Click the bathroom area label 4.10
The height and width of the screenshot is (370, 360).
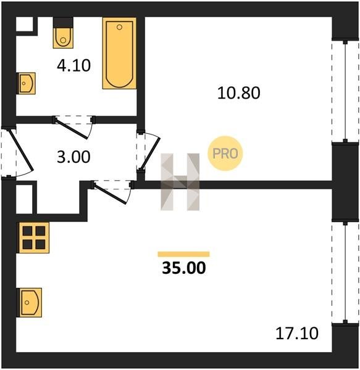tap(73, 65)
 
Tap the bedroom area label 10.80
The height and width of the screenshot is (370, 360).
tap(238, 92)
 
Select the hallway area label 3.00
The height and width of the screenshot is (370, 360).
tap(73, 157)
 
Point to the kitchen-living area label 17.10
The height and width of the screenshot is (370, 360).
tap(297, 333)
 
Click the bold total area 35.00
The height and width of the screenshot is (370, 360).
tap(184, 268)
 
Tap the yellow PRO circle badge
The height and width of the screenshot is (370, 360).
tap(225, 154)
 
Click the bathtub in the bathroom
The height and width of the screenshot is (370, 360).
tap(119, 53)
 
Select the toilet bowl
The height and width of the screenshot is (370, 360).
tap(63, 38)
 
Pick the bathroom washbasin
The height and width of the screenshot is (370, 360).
tap(27, 83)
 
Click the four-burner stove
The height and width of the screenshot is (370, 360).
tap(34, 237)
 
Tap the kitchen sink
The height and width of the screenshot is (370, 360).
tap(30, 303)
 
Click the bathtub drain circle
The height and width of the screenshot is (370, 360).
tap(119, 27)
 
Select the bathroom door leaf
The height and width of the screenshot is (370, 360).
tap(71, 129)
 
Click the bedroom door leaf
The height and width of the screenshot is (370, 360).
tap(150, 154)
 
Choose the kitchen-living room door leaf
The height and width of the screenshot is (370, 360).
tap(109, 194)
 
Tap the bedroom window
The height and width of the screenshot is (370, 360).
tap(345, 91)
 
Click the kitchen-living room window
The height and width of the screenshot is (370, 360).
tap(345, 273)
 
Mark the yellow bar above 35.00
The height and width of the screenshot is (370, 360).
tap(183, 254)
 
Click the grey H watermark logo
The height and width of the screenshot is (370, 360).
tap(180, 182)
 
